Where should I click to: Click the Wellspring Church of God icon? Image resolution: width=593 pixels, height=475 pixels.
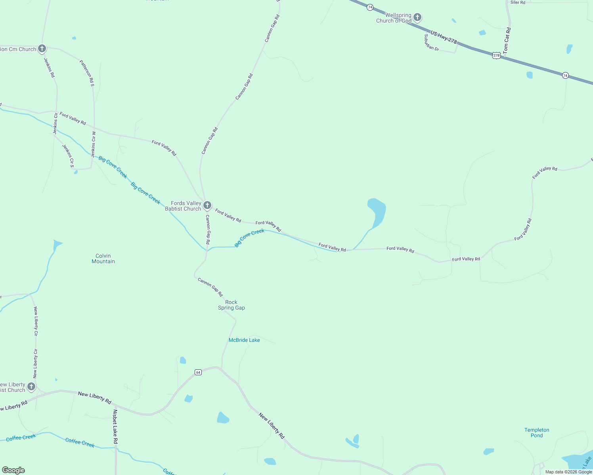[417, 17]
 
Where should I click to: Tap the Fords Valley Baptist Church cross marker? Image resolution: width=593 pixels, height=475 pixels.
[207, 205]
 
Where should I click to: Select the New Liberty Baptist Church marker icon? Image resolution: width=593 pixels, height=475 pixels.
[31, 387]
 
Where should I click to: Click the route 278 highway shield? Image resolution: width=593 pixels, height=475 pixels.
[496, 55]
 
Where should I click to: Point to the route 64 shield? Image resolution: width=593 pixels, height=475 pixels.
[198, 372]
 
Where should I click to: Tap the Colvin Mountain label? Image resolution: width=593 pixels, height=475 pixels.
[103, 258]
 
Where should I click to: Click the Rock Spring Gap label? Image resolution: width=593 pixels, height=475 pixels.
[231, 305]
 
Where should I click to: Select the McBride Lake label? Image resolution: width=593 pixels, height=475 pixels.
[244, 340]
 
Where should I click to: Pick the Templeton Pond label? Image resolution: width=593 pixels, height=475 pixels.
[537, 433]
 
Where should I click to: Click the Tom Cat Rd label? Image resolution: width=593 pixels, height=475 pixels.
[507, 40]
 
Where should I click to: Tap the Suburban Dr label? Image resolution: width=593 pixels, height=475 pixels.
[431, 43]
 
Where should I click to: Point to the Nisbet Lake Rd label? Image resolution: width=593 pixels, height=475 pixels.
[115, 426]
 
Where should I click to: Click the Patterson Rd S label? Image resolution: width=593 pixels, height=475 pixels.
[87, 73]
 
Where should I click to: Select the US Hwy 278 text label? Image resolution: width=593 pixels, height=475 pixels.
[444, 38]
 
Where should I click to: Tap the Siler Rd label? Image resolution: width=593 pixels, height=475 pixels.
[518, 2]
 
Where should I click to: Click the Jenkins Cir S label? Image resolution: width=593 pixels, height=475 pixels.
[68, 156]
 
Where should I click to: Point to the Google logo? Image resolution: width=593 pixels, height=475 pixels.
[13, 470]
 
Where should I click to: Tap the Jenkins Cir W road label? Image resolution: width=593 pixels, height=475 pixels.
[94, 144]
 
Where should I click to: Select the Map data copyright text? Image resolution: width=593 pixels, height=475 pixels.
[568, 472]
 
